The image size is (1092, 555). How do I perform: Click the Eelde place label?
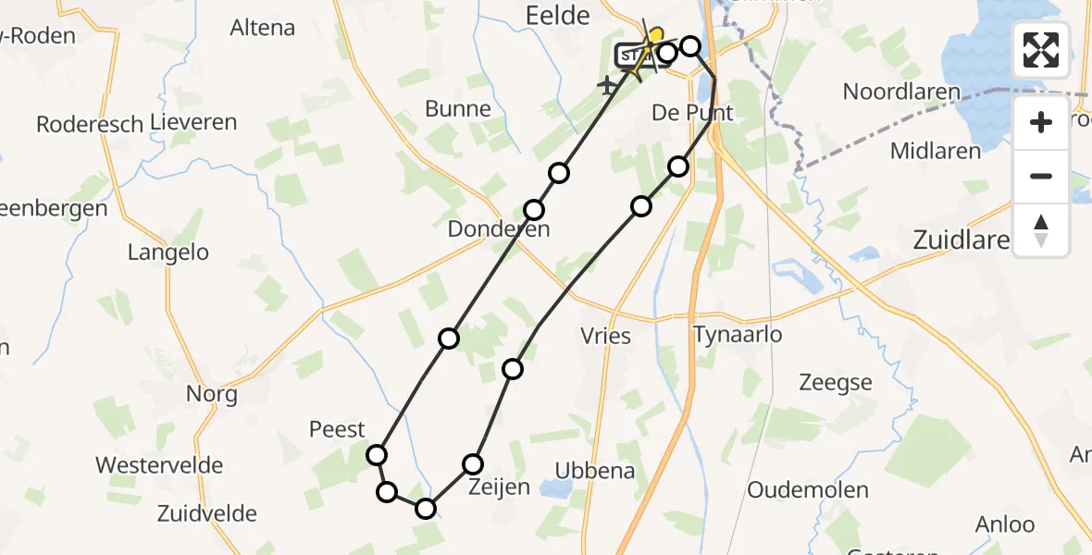(557, 15)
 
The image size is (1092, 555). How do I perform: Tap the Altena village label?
(263, 28)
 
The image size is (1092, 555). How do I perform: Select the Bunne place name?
(458, 109)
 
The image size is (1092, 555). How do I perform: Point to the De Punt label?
(692, 113)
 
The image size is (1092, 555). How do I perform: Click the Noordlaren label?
(902, 92)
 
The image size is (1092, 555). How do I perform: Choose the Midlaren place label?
(936, 151)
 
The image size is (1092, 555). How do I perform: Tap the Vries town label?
(606, 335)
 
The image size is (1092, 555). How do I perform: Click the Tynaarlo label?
(738, 335)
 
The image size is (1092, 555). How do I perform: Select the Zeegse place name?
(835, 383)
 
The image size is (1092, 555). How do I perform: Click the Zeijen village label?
(499, 487)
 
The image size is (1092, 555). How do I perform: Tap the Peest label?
(337, 429)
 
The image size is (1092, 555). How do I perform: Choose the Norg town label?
(211, 394)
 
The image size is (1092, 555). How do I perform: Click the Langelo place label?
(168, 253)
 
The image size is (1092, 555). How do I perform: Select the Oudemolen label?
(808, 490)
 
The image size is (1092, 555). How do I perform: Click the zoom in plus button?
(1041, 122)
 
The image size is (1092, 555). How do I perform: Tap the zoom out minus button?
(1041, 176)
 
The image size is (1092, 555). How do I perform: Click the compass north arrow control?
(1041, 229)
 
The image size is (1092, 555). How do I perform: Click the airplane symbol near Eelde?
(608, 86)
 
